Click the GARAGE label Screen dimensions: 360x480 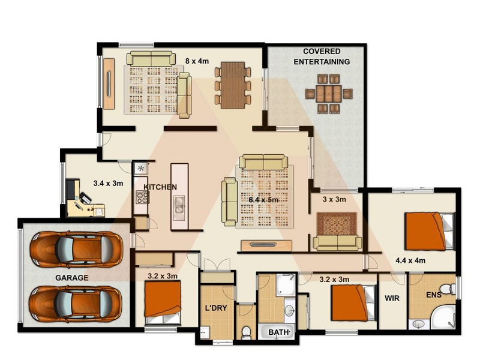pos(71,278)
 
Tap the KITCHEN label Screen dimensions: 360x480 pos(160,187)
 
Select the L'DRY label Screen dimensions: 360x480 pos(217,308)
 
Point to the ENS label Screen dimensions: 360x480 pos(433,296)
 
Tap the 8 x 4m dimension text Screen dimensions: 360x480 pos(196,61)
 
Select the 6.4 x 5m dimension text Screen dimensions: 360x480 pos(263,199)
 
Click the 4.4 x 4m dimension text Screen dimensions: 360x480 pos(410,261)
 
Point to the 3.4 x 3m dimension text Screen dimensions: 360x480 pos(108,184)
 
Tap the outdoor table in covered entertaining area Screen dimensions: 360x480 pos(328,94)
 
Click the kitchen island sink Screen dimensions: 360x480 pos(179,209)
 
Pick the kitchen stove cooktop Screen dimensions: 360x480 pos(142,196)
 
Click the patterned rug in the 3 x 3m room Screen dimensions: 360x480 pos(337,224)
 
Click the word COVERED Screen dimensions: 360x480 pos(322,52)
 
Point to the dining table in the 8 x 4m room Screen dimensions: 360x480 pos(233,85)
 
